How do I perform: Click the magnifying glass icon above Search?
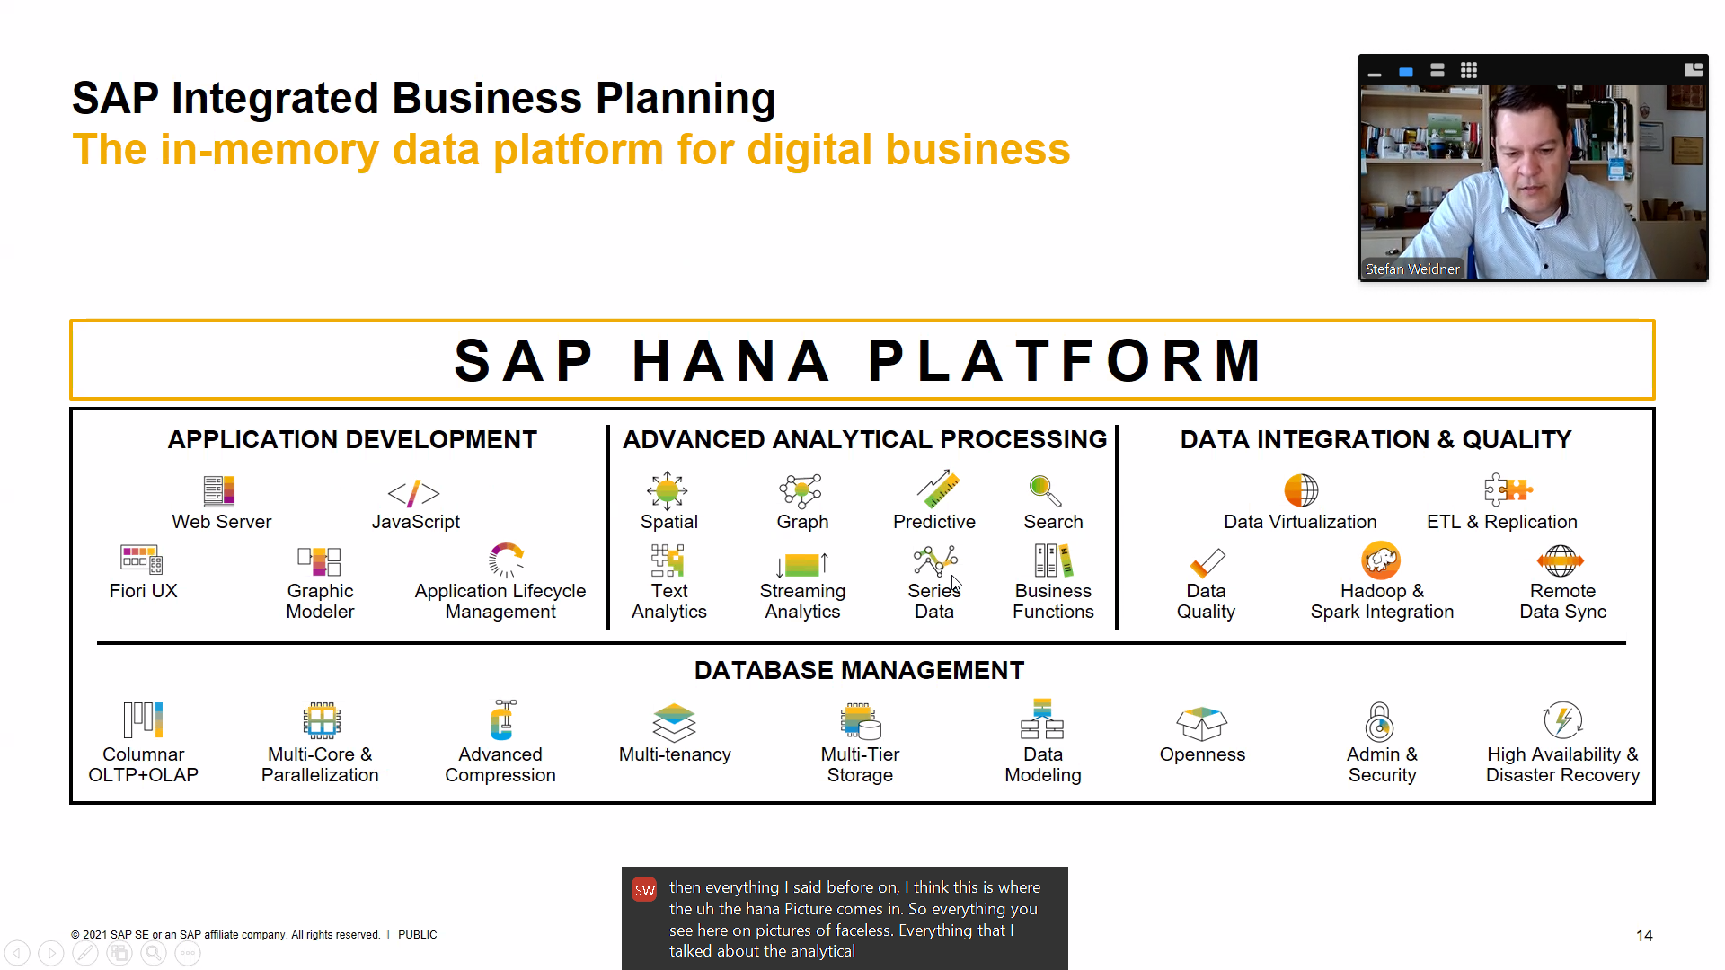(1045, 490)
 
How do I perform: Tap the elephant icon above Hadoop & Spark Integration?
(1381, 560)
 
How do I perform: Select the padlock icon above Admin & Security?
(1379, 721)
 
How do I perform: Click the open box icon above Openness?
(1201, 723)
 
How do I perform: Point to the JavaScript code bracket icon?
(414, 492)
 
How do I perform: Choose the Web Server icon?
(219, 491)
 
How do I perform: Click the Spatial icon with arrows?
(668, 490)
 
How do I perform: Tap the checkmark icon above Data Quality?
(1207, 562)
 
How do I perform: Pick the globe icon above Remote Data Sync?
(1561, 560)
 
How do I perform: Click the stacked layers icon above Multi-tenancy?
(675, 722)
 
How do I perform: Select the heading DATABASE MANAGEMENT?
(859, 670)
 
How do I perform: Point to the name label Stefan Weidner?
(1412, 269)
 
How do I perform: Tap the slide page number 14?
(1644, 935)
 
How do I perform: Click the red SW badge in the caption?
(645, 890)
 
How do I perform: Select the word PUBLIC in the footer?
(418, 934)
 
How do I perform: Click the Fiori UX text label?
(144, 590)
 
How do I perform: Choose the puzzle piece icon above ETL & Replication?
(1508, 489)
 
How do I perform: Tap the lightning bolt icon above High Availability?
(1562, 720)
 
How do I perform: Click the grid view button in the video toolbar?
(1469, 70)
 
